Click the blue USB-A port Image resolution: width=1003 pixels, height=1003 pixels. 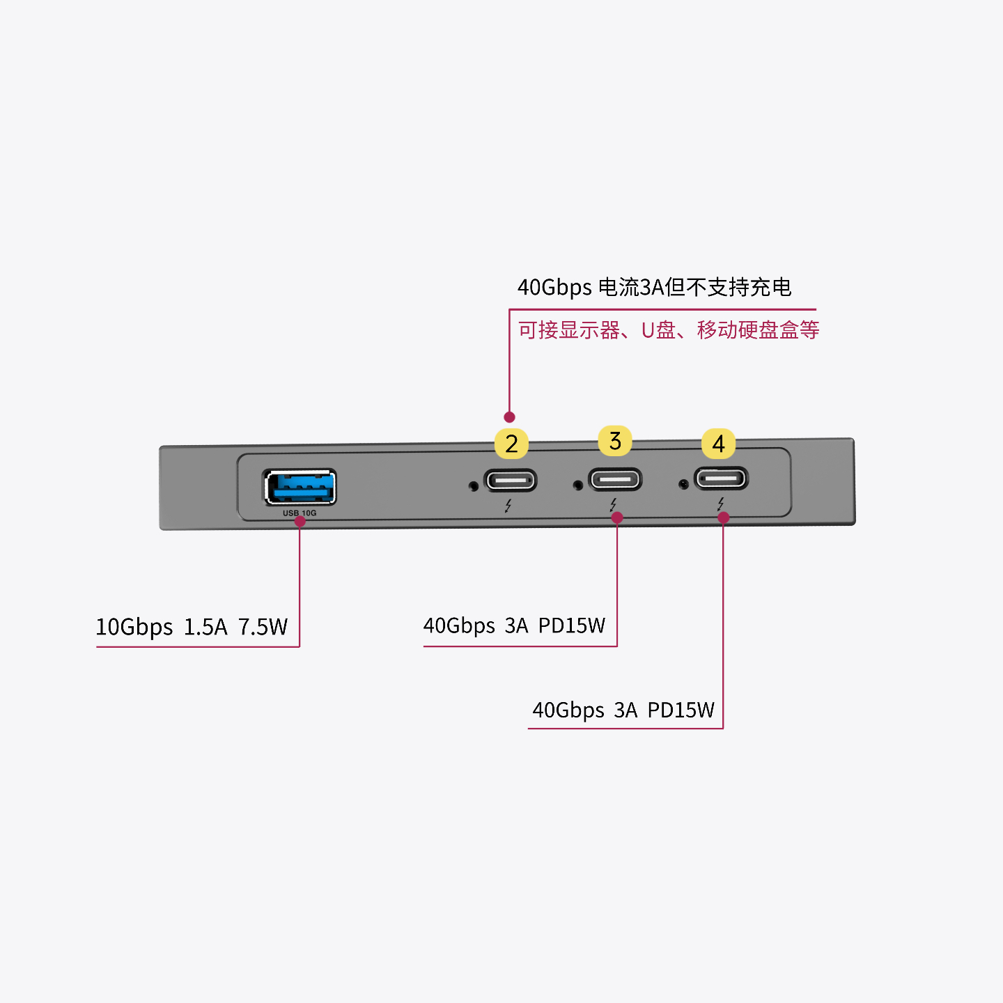click(300, 486)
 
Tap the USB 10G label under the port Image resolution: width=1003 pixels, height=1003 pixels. click(300, 513)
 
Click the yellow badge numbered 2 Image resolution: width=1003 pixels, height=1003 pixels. click(511, 444)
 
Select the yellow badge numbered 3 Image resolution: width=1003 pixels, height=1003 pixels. click(614, 441)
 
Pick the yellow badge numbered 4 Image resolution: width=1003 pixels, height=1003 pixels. click(719, 444)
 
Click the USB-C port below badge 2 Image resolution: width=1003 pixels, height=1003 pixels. click(511, 481)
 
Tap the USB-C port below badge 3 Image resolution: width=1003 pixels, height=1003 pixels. click(615, 479)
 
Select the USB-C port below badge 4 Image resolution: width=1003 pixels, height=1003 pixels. click(721, 479)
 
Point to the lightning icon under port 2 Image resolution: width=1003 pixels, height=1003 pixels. click(508, 506)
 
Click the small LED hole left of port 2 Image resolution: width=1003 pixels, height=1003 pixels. click(474, 485)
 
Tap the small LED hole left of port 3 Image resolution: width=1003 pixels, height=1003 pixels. click(577, 485)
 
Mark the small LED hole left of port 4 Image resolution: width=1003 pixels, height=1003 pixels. click(683, 484)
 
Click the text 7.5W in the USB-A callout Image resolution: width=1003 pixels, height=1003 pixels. click(263, 627)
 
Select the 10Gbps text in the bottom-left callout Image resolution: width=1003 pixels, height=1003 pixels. click(134, 627)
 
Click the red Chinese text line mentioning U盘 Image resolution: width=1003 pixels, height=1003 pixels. click(668, 329)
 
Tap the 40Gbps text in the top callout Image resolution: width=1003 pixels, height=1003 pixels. click(554, 287)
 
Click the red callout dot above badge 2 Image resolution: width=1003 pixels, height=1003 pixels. click(509, 417)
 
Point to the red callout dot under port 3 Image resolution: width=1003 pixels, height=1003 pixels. click(617, 518)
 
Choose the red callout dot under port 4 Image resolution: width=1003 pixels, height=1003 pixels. click(724, 518)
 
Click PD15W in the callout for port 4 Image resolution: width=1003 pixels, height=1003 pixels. click(681, 710)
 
